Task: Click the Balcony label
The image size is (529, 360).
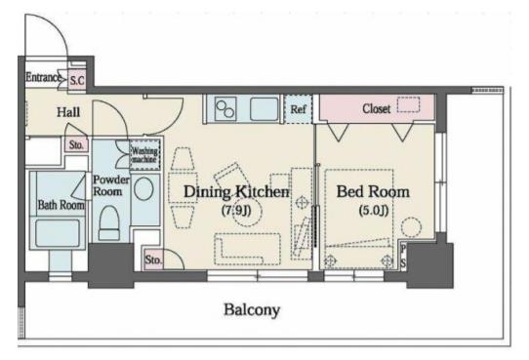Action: coord(252,310)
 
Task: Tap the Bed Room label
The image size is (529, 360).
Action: coord(373,192)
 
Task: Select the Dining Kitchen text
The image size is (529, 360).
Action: coord(236,192)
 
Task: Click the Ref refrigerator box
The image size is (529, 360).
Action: coord(299,109)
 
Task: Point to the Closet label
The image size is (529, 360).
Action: coord(376,108)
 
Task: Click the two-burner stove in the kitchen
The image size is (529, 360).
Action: coord(225,109)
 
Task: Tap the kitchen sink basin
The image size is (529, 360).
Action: coord(264,109)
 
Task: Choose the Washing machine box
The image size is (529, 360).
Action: coord(144,155)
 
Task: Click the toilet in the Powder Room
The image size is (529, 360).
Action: coord(109,223)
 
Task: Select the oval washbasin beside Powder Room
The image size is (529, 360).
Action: coord(143,189)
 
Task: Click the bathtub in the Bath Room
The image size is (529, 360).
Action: coord(58,233)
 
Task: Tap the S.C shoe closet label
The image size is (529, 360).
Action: coord(77,81)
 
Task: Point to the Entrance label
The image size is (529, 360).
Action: coord(44,77)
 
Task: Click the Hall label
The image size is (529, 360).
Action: coord(68,112)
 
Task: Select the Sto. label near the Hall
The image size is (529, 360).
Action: coord(76,145)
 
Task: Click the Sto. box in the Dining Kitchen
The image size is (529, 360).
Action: coord(154,260)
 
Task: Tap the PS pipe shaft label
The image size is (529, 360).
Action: coord(403,257)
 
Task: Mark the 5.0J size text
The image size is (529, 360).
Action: coord(374,211)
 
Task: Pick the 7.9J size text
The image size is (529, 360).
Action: coord(236,211)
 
